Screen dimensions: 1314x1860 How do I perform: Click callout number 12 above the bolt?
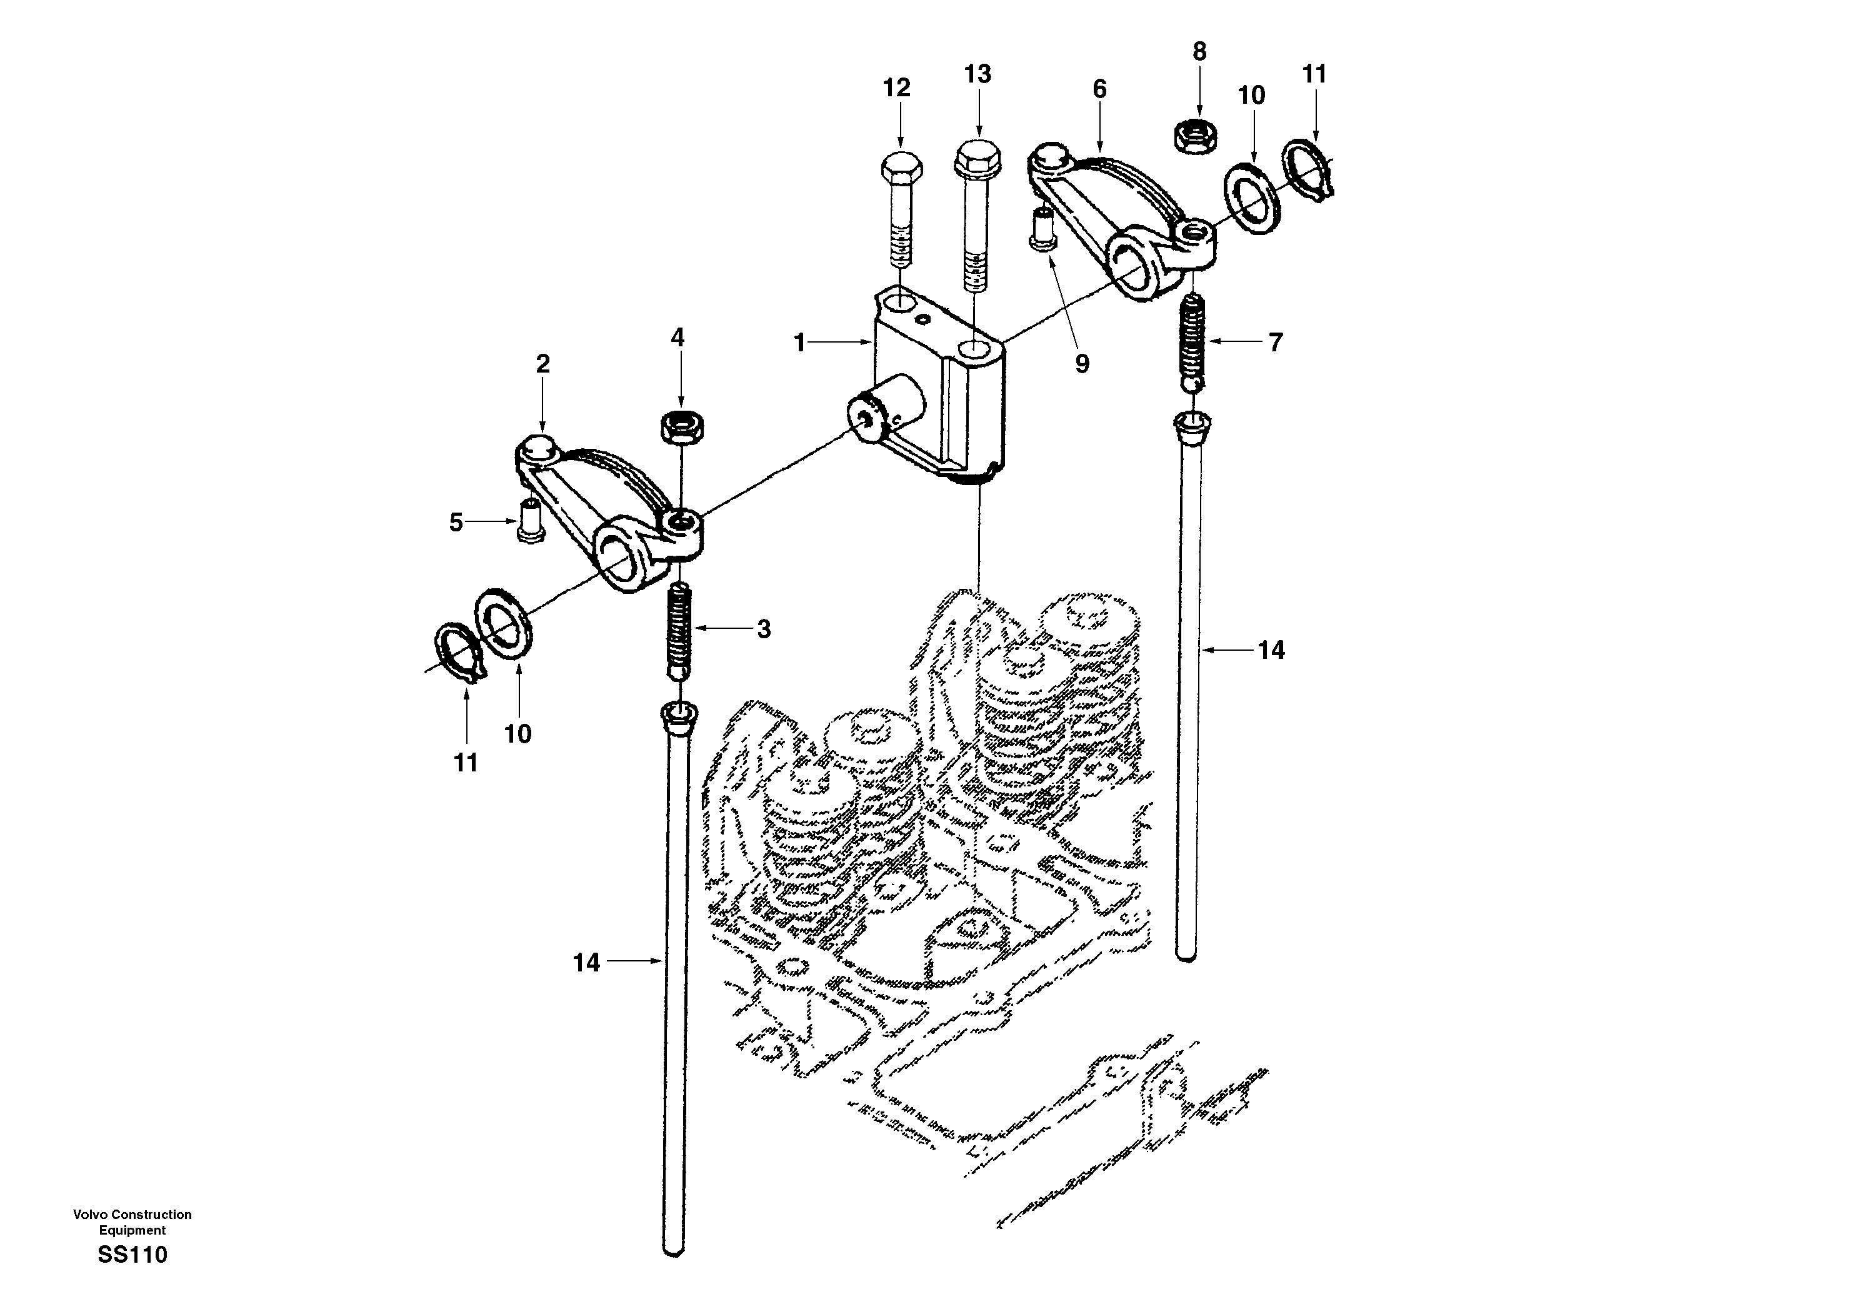(x=896, y=88)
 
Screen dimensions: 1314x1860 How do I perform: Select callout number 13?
(x=977, y=74)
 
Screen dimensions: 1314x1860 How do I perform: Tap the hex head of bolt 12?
(x=901, y=169)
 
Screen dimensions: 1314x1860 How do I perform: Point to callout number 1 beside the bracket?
(x=799, y=343)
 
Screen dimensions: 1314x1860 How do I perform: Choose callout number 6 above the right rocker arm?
(x=1099, y=89)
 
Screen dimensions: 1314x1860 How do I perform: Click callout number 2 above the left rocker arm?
(x=542, y=364)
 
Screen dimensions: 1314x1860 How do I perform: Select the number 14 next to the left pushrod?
(x=586, y=963)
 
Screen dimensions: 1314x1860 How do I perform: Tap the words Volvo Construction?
(x=132, y=1215)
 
